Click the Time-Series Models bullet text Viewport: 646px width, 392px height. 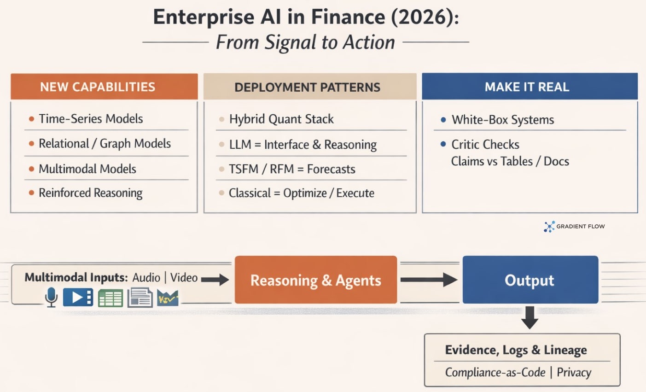pos(91,119)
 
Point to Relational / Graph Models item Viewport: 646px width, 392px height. pos(105,144)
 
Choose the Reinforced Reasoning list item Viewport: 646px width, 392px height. pos(91,193)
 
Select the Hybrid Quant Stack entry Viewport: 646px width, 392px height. pos(281,119)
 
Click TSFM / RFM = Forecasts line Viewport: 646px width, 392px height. pos(292,169)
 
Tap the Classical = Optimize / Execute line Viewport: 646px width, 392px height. pos(301,193)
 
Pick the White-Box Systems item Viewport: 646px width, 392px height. pos(502,120)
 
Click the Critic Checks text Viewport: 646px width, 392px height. pos(485,145)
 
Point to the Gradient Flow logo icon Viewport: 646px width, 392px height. pos(549,226)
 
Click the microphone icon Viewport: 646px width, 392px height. pos(51,297)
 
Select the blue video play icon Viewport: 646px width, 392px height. pos(78,298)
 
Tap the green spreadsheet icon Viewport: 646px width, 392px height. pos(110,298)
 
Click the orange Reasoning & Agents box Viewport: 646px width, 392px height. pos(316,280)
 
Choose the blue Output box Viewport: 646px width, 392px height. pos(530,280)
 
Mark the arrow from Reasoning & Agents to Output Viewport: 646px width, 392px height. pos(429,280)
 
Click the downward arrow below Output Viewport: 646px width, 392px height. pos(530,317)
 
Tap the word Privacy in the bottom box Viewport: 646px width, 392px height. pos(574,372)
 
